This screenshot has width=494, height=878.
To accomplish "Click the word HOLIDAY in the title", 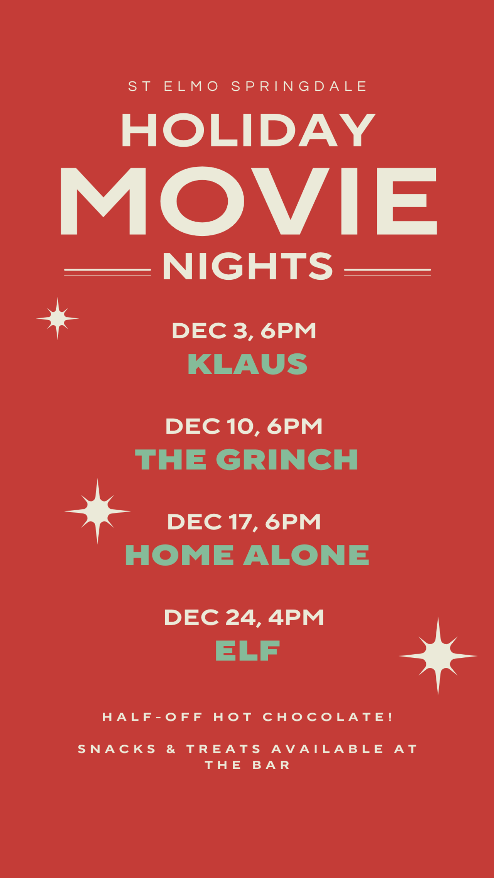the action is tap(248, 130).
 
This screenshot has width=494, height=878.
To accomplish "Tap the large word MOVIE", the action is tap(249, 201).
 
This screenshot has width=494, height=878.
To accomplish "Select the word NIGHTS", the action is tap(247, 266).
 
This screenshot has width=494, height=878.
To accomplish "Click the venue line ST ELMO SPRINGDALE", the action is tap(247, 86).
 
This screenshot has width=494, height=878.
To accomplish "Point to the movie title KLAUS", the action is tap(247, 364).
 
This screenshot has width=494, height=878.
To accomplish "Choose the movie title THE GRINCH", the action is tap(247, 459).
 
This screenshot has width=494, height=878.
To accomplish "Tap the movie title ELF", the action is tap(247, 650).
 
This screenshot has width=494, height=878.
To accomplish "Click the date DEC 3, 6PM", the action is tap(244, 331).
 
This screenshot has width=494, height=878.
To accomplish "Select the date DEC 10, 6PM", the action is tap(244, 427).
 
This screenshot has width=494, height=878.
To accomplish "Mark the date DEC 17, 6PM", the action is tap(244, 522).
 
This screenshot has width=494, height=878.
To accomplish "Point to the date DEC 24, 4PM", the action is tap(244, 618).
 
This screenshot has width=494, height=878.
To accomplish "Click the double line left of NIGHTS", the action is tap(107, 272).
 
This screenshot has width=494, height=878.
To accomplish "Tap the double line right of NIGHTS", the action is tap(387, 272).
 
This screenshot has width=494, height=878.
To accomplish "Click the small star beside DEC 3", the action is tap(58, 318).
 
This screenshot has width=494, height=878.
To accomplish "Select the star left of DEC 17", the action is tap(97, 511).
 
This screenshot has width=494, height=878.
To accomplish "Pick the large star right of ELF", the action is tap(438, 656).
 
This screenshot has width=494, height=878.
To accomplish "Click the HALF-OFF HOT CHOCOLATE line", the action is tap(247, 717).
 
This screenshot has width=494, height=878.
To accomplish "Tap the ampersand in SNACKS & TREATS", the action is tap(171, 749).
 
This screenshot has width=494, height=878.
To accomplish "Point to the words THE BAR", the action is tap(247, 765).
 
